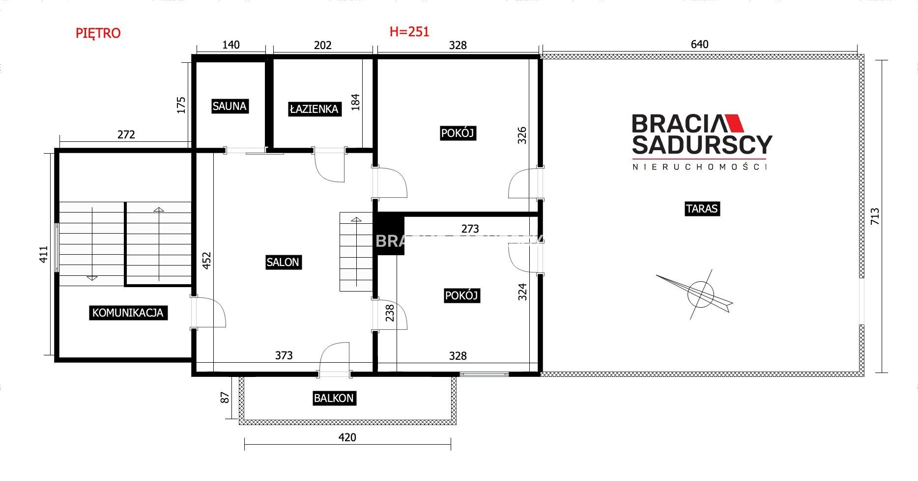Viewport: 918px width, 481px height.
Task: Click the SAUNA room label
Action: [x=229, y=106]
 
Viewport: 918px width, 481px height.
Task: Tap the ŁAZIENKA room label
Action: [x=315, y=108]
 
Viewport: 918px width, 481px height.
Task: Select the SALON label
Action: [x=283, y=262]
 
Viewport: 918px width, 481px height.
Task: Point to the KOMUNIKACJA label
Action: [x=128, y=313]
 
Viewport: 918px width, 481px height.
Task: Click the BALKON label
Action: [x=334, y=398]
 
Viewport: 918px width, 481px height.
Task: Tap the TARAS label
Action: [x=702, y=209]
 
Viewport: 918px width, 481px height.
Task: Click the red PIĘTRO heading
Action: [x=98, y=33]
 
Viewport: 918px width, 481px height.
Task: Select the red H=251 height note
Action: [x=409, y=31]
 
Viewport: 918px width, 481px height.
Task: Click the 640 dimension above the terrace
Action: [x=700, y=44]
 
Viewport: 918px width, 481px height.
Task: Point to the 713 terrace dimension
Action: [x=875, y=216]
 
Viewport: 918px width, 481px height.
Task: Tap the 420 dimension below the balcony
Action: [x=347, y=437]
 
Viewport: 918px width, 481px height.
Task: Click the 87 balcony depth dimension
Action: [x=225, y=397]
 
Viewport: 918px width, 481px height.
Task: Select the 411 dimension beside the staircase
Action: [x=44, y=254]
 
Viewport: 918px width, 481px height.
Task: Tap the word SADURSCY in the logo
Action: [x=702, y=145]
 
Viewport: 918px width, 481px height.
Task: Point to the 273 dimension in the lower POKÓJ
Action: [x=470, y=229]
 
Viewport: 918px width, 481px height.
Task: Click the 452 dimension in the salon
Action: [x=207, y=261]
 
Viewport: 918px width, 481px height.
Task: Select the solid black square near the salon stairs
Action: [x=389, y=234]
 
